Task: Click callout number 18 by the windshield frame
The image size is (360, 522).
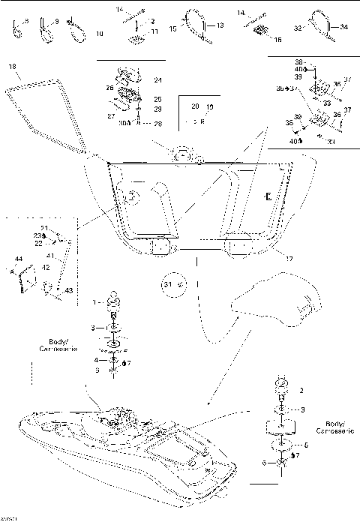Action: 12,67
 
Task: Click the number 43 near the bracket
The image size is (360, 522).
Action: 70,290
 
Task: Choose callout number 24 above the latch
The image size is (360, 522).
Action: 157,79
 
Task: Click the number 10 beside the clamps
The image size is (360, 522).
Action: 100,34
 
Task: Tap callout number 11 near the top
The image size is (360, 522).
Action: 154,31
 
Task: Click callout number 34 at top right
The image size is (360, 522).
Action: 344,27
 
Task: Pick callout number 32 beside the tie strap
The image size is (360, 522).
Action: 298,27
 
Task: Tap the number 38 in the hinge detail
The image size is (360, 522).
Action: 298,61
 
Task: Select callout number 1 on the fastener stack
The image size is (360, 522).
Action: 94,302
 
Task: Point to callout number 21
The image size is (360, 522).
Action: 44,228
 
